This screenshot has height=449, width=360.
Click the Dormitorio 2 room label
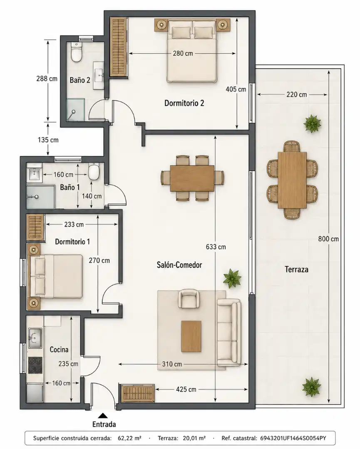(x=184, y=103)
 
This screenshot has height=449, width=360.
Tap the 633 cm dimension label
(x=216, y=247)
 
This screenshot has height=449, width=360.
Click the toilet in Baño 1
(x=94, y=172)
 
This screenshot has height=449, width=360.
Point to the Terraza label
(x=296, y=269)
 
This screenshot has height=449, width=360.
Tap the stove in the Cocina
(x=35, y=365)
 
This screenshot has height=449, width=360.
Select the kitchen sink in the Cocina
(x=35, y=338)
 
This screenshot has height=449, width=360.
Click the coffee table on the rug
(x=191, y=336)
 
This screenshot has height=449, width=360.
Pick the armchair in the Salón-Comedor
(x=189, y=299)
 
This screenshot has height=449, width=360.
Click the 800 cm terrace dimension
(x=328, y=239)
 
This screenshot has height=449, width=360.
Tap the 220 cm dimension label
(x=296, y=94)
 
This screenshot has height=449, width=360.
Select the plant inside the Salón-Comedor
(x=232, y=278)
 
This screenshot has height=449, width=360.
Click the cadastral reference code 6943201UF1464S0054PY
(x=293, y=438)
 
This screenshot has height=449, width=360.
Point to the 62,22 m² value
(x=129, y=438)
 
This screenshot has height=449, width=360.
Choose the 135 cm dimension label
(x=48, y=140)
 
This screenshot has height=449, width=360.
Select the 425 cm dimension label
(x=186, y=390)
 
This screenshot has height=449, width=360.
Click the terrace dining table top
(x=292, y=180)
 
